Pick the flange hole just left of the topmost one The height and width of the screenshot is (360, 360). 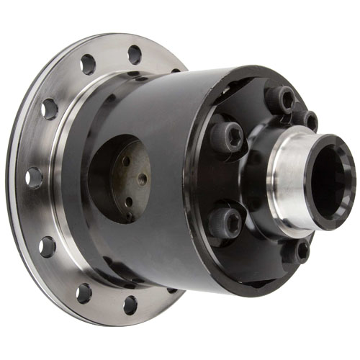coord(89,65)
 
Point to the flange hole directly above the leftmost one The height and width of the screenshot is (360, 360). coord(49,109)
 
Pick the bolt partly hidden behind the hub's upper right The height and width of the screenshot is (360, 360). coord(307,120)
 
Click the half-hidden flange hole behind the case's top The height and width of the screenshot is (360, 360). coord(176,71)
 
